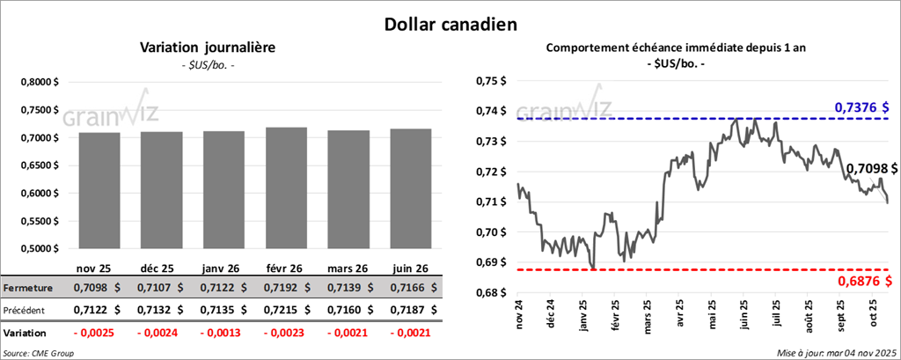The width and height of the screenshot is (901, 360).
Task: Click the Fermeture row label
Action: coord(29,288)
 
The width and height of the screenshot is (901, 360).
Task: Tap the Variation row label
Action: coord(26,334)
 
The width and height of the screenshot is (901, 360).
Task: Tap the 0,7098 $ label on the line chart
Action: coord(871,168)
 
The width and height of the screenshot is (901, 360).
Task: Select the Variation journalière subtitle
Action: coord(209,48)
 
